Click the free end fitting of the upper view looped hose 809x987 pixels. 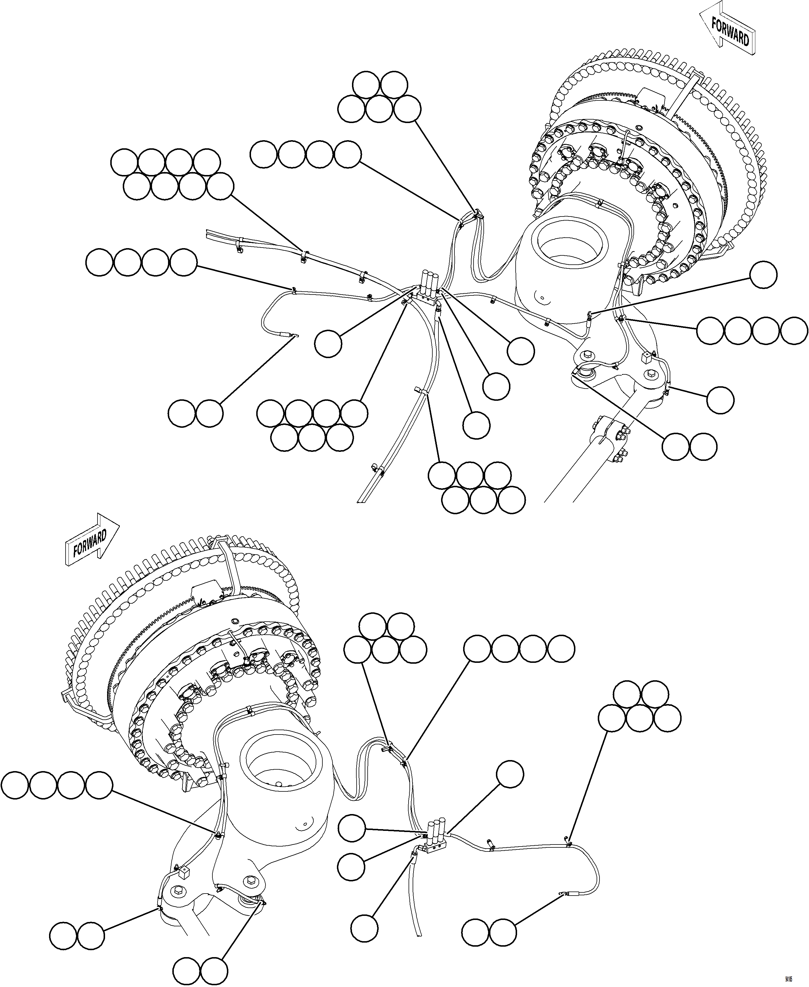click(x=294, y=335)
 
